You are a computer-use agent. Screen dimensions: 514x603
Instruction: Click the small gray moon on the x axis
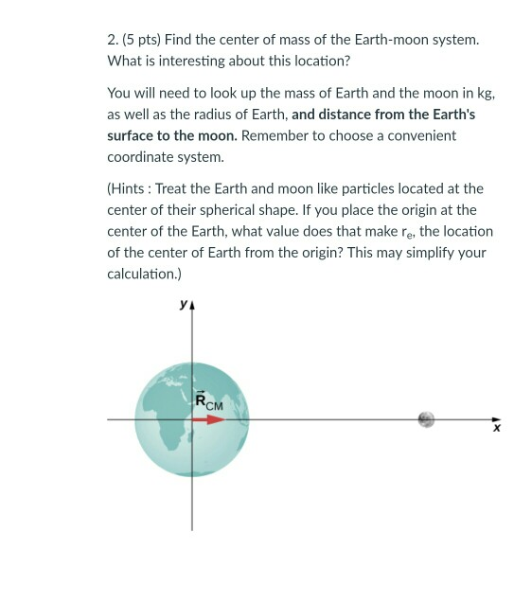click(x=426, y=418)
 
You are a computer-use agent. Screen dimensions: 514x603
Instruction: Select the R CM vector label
click(x=207, y=400)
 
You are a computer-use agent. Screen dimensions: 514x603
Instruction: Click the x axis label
click(x=493, y=429)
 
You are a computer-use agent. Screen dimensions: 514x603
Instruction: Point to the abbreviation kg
click(x=484, y=93)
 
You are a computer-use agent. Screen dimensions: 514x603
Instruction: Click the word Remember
click(x=275, y=135)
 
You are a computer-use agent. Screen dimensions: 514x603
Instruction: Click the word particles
click(x=393, y=188)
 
